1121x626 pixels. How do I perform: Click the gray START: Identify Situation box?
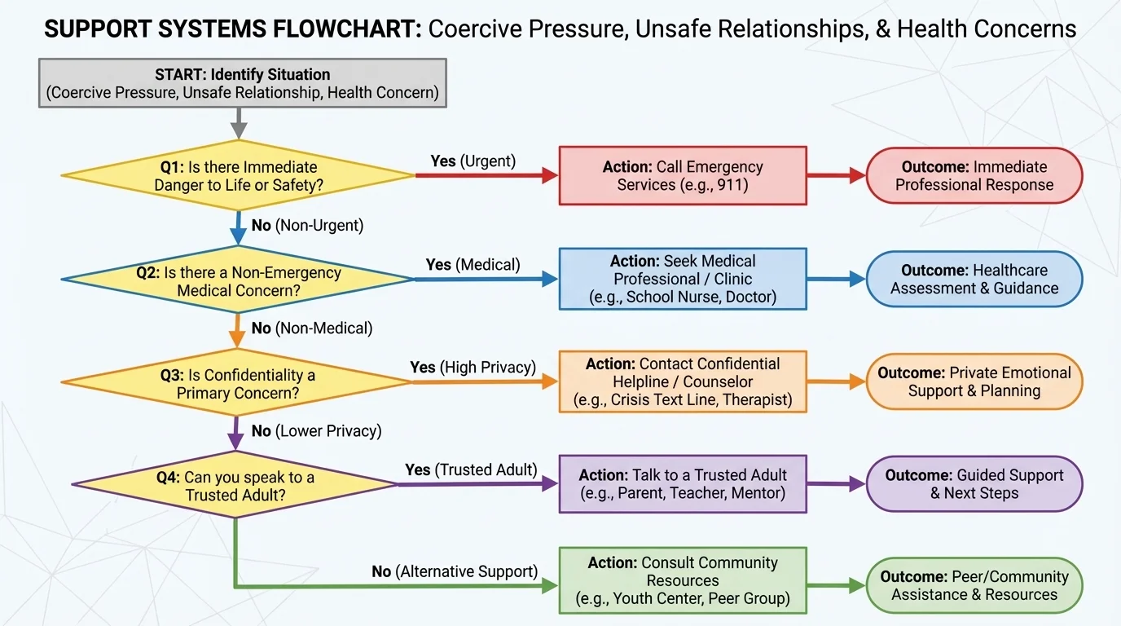[242, 82]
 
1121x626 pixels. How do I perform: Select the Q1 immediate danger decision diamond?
[239, 175]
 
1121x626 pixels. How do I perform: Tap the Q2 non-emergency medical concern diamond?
[239, 280]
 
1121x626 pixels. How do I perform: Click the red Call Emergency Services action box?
[682, 175]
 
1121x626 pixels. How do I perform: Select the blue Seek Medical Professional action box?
[682, 279]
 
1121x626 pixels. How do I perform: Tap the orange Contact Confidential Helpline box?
[682, 381]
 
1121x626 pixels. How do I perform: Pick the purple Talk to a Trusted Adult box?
[682, 483]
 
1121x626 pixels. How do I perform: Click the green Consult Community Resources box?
[682, 580]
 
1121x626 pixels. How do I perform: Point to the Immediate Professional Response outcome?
[974, 175]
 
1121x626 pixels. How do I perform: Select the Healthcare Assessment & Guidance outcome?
[974, 279]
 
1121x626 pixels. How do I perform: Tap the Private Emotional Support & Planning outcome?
[974, 381]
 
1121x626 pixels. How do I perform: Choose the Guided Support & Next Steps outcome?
[974, 483]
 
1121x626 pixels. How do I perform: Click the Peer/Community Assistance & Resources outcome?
[974, 585]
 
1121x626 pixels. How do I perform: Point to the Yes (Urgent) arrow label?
[473, 161]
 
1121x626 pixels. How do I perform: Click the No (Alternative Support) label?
[455, 571]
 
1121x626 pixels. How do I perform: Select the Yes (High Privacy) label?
[473, 367]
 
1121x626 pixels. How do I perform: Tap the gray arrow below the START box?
[239, 123]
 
